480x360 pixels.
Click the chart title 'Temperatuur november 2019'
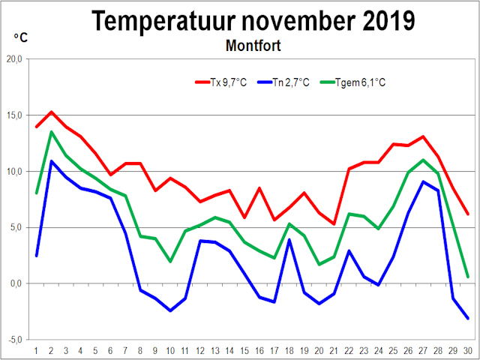pyautogui.click(x=253, y=21)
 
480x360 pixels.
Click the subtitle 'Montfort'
pyautogui.click(x=253, y=46)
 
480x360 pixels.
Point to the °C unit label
pyautogui.click(x=20, y=37)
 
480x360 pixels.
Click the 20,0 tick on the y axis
pyautogui.click(x=15, y=59)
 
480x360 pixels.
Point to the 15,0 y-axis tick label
pyautogui.click(x=15, y=115)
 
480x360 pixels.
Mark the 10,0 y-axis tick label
pyautogui.click(x=15, y=171)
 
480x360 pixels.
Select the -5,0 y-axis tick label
pyautogui.click(x=15, y=340)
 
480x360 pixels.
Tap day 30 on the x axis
pyautogui.click(x=467, y=349)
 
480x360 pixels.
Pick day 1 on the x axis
pyautogui.click(x=36, y=349)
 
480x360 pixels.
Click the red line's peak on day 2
pyautogui.click(x=51, y=112)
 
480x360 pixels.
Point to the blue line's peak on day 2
pyautogui.click(x=51, y=161)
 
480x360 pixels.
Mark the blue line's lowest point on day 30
pyautogui.click(x=467, y=319)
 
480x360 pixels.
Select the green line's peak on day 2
pyautogui.click(x=51, y=132)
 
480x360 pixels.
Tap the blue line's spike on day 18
pyautogui.click(x=289, y=239)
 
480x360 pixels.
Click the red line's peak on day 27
pyautogui.click(x=423, y=136)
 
